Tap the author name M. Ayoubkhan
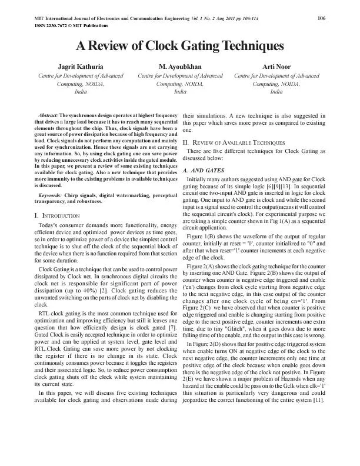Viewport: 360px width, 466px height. point(180,67)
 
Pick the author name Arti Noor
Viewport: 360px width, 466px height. point(276,67)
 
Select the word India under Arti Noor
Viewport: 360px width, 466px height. point(276,92)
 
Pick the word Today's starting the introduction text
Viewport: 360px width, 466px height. point(50,226)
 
